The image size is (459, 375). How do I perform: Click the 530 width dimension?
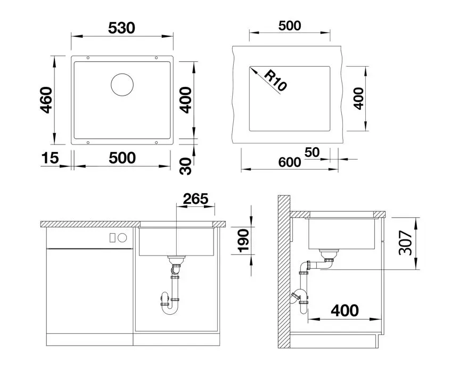coord(121,28)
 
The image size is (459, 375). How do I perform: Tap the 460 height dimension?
coord(46,100)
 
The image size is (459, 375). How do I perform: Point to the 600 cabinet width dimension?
coord(290,162)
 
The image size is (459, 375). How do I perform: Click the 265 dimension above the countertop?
coord(195,199)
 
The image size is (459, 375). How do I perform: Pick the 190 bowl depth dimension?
coord(243,241)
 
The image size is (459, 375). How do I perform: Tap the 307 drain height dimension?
coord(405,243)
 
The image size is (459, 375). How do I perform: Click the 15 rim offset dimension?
coord(50,158)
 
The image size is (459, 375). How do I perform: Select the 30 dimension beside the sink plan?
coord(186,166)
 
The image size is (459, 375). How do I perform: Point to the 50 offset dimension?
coord(312,153)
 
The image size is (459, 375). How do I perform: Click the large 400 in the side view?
coord(345,310)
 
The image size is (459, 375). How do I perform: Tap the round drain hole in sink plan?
coord(122,85)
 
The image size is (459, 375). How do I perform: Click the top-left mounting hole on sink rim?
coord(88,58)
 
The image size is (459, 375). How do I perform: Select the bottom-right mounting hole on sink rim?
coord(156,142)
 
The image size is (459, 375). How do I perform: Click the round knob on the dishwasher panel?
coord(122,238)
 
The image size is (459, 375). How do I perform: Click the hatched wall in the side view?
coord(284,272)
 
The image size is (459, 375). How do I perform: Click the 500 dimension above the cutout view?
coord(290,26)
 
